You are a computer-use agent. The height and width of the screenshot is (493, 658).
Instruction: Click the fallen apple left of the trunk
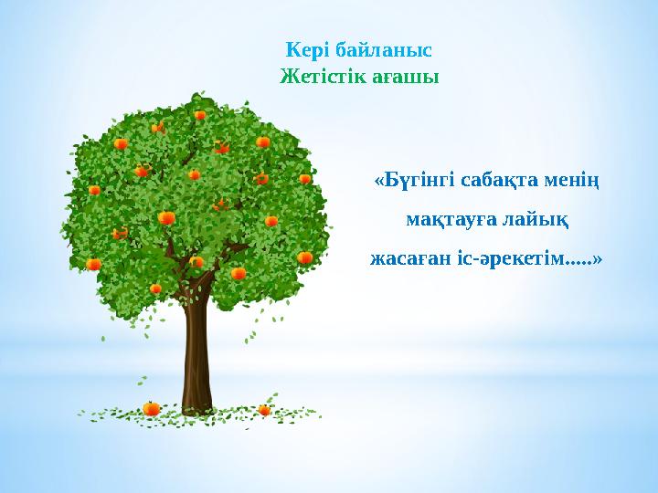pos(152,409)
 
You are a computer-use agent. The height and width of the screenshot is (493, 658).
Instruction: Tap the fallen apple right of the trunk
pos(264,410)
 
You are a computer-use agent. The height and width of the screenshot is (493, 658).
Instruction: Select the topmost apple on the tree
pos(200,115)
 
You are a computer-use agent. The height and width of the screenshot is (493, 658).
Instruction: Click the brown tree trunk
pos(196,356)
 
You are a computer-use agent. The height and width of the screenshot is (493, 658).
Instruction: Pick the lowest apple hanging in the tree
pos(156,289)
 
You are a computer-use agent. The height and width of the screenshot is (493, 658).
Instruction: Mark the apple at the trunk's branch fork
pos(196,263)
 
